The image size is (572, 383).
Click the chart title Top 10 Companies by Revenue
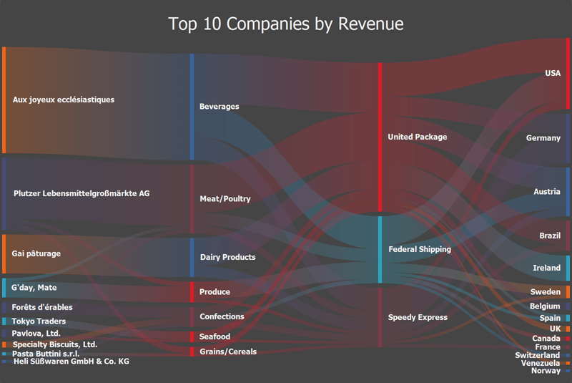pos(286,24)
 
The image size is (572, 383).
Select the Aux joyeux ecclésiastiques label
pos(64,100)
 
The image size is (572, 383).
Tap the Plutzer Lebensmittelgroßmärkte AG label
pos(82,193)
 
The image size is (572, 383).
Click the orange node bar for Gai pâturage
pos(4,253)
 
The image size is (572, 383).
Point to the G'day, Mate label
pos(35,288)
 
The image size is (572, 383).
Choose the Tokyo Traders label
pos(39,321)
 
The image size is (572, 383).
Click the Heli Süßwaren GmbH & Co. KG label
pos(71,362)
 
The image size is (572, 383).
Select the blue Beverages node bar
pos(192,107)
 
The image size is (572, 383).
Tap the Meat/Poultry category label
pos(225,198)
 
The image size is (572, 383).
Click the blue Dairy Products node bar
pos(192,257)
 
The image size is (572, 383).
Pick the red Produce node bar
pos(192,292)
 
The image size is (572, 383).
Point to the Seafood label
pos(215,336)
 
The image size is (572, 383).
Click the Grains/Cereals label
pos(227,352)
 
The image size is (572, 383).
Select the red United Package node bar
pos(380,137)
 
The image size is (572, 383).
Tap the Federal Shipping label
pos(420,249)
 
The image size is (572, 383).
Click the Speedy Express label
pos(418,317)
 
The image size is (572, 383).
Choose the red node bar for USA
pos(568,73)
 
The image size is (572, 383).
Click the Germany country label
pos(543,137)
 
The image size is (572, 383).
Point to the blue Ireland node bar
pos(568,268)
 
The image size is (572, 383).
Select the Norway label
pos(546,370)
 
